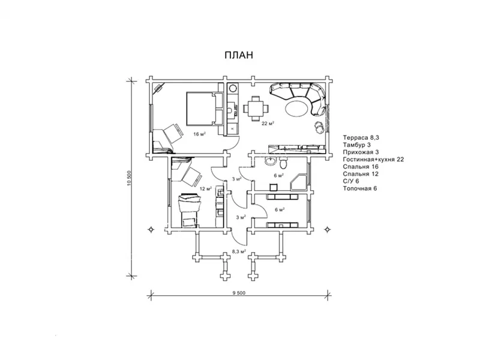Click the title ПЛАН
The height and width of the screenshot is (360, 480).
(x=239, y=55)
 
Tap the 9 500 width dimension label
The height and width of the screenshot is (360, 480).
(x=239, y=293)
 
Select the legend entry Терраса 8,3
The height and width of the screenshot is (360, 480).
(x=361, y=138)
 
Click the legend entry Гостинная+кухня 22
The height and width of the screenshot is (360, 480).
(x=373, y=160)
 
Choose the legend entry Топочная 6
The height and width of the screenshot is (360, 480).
(x=360, y=188)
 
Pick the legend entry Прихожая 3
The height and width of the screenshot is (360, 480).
(x=361, y=152)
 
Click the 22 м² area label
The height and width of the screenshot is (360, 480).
(x=268, y=124)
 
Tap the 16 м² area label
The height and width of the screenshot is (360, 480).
(x=199, y=134)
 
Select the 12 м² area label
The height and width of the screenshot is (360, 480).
(x=206, y=188)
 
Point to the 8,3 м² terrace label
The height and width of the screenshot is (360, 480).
(x=239, y=251)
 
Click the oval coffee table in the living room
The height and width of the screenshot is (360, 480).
(x=298, y=108)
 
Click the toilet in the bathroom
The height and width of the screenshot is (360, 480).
(x=283, y=163)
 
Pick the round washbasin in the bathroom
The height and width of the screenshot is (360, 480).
(x=270, y=161)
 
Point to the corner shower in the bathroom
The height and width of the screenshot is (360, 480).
(x=298, y=182)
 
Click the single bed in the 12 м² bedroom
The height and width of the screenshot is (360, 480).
(x=190, y=209)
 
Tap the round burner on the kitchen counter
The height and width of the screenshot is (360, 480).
(x=233, y=88)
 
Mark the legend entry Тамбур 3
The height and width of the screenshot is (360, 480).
(x=356, y=145)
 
